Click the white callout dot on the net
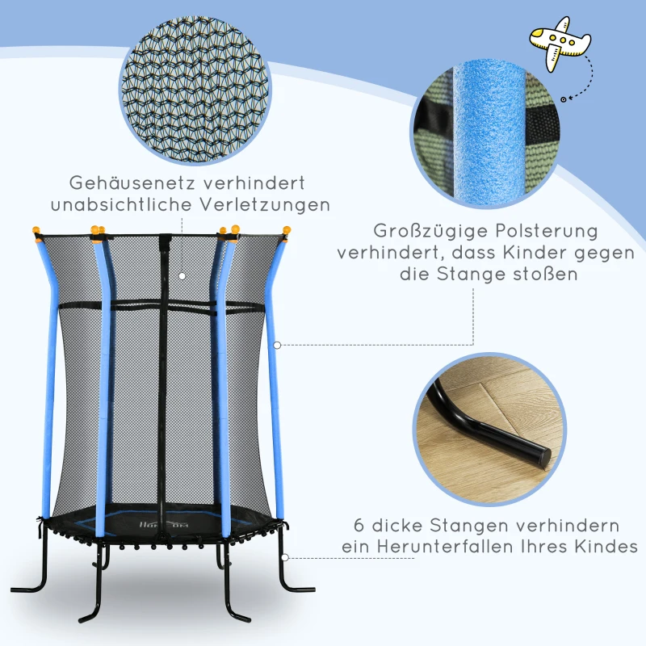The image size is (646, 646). (x=182, y=275)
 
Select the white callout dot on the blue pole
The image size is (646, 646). (x=277, y=345)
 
